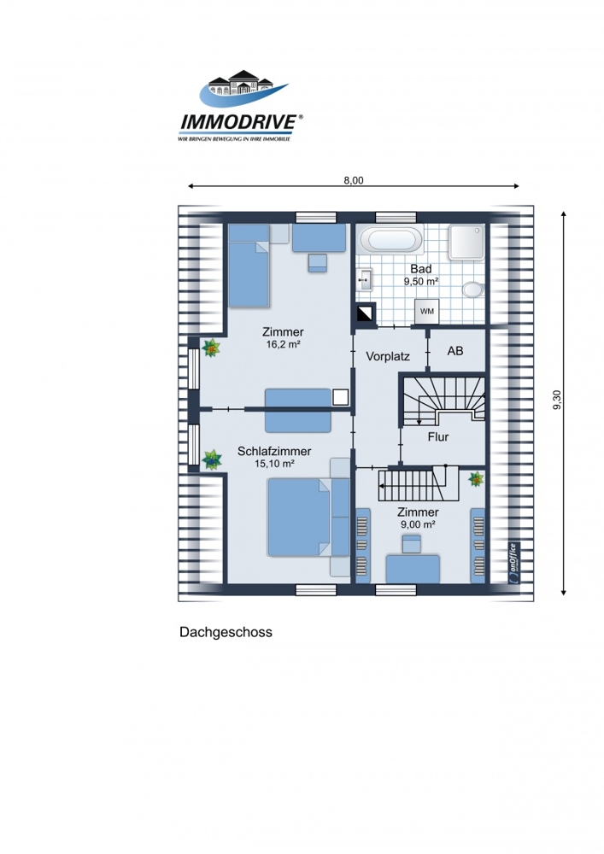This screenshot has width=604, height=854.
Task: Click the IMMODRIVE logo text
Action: coord(238,122)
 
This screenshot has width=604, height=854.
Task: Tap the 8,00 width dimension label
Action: coord(354,180)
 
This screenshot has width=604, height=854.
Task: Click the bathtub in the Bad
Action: coord(392,240)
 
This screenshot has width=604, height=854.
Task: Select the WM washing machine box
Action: coord(427,312)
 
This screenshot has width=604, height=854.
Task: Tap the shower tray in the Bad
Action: coord(466,242)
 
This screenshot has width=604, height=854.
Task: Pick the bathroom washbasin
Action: coord(364,280)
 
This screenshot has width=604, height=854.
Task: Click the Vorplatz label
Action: coord(388,357)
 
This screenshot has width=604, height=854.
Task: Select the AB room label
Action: coord(455,351)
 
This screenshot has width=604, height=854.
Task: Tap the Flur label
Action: coord(438,436)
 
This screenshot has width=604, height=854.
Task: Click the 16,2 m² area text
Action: coord(284,344)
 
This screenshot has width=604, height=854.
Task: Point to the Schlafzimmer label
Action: coord(274,451)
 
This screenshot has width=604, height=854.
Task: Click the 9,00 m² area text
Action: coord(419,524)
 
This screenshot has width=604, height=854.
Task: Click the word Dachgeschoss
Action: coord(226,632)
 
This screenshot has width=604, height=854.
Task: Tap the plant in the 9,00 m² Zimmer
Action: coord(477,479)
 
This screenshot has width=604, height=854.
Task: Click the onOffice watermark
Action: coord(513,563)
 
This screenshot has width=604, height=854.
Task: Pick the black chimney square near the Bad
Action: coord(366,313)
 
